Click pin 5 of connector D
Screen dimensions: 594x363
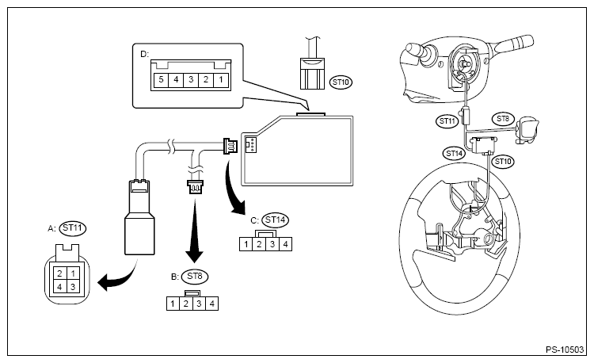point(161,80)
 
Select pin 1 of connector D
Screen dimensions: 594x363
point(221,80)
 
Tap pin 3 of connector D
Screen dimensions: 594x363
point(191,80)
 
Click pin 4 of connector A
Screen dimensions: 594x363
point(59,287)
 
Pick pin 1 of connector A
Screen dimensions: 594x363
point(73,273)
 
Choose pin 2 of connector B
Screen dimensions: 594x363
point(185,304)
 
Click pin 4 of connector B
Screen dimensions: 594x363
point(211,304)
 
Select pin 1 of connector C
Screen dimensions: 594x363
point(246,244)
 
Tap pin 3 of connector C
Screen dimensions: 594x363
point(272,244)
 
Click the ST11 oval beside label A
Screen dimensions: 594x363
point(73,228)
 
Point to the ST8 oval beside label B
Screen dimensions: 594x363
point(195,277)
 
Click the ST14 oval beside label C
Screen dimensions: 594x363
point(275,220)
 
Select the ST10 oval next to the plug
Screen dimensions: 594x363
point(341,82)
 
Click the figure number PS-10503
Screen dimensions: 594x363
point(565,350)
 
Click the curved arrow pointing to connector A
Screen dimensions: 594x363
point(119,276)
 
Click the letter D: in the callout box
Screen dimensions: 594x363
point(145,54)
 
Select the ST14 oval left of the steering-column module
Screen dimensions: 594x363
point(455,154)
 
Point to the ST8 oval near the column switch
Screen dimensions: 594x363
point(503,119)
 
